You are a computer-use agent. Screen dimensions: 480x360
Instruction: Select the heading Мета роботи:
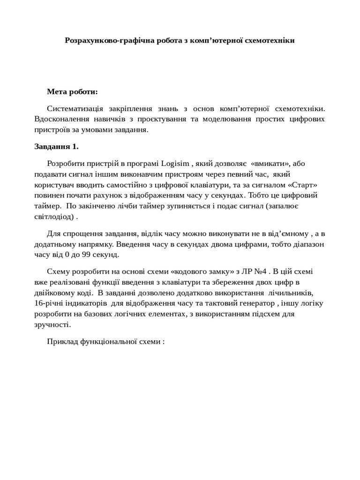pos(73,91)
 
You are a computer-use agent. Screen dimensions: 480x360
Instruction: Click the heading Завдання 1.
pos(57,146)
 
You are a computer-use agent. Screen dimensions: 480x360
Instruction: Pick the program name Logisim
pos(175,164)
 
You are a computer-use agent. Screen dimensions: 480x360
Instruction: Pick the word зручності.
pos(52,324)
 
